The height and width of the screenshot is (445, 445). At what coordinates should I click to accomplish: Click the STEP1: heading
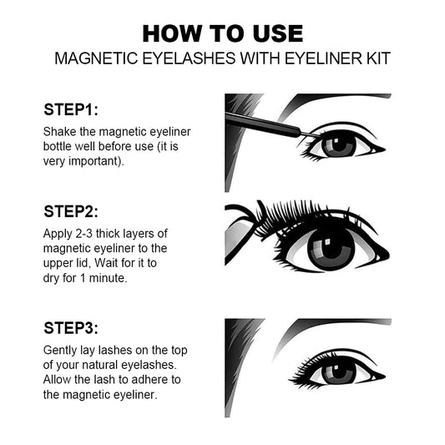tap(71, 109)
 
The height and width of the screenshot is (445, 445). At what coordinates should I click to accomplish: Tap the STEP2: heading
tap(71, 211)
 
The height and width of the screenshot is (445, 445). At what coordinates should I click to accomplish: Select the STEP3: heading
tap(71, 328)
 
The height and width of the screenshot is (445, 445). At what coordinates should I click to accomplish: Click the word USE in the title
tap(277, 33)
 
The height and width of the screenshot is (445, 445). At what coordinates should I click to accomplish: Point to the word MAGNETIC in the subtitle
tap(96, 58)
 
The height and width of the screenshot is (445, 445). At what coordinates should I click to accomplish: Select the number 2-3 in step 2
tap(84, 234)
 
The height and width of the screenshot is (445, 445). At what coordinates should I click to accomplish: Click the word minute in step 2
tap(107, 278)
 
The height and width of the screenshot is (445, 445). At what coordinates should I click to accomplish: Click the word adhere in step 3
tap(149, 380)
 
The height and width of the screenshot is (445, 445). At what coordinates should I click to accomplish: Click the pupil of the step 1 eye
tap(339, 144)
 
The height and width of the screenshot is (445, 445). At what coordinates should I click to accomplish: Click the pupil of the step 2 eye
tap(331, 247)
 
